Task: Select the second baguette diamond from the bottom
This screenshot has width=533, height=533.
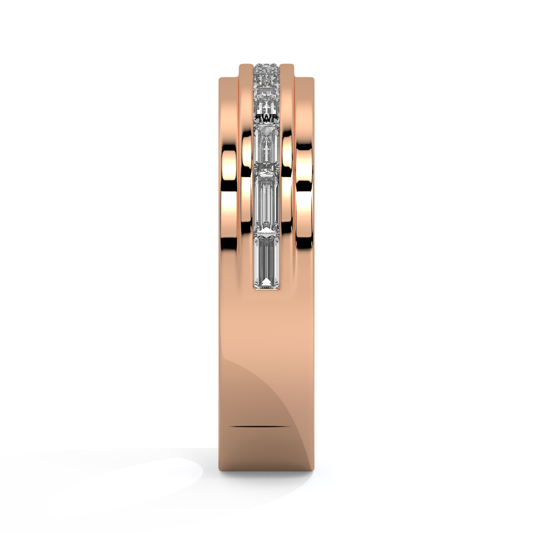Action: coord(266,202)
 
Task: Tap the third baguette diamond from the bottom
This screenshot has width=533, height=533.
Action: coord(266,147)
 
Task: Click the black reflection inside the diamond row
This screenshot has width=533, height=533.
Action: coord(266,118)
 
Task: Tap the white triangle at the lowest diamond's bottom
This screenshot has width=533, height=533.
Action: coord(266,282)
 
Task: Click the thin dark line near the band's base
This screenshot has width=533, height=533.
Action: coord(260,426)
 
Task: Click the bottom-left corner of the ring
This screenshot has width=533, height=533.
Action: coord(220,470)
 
